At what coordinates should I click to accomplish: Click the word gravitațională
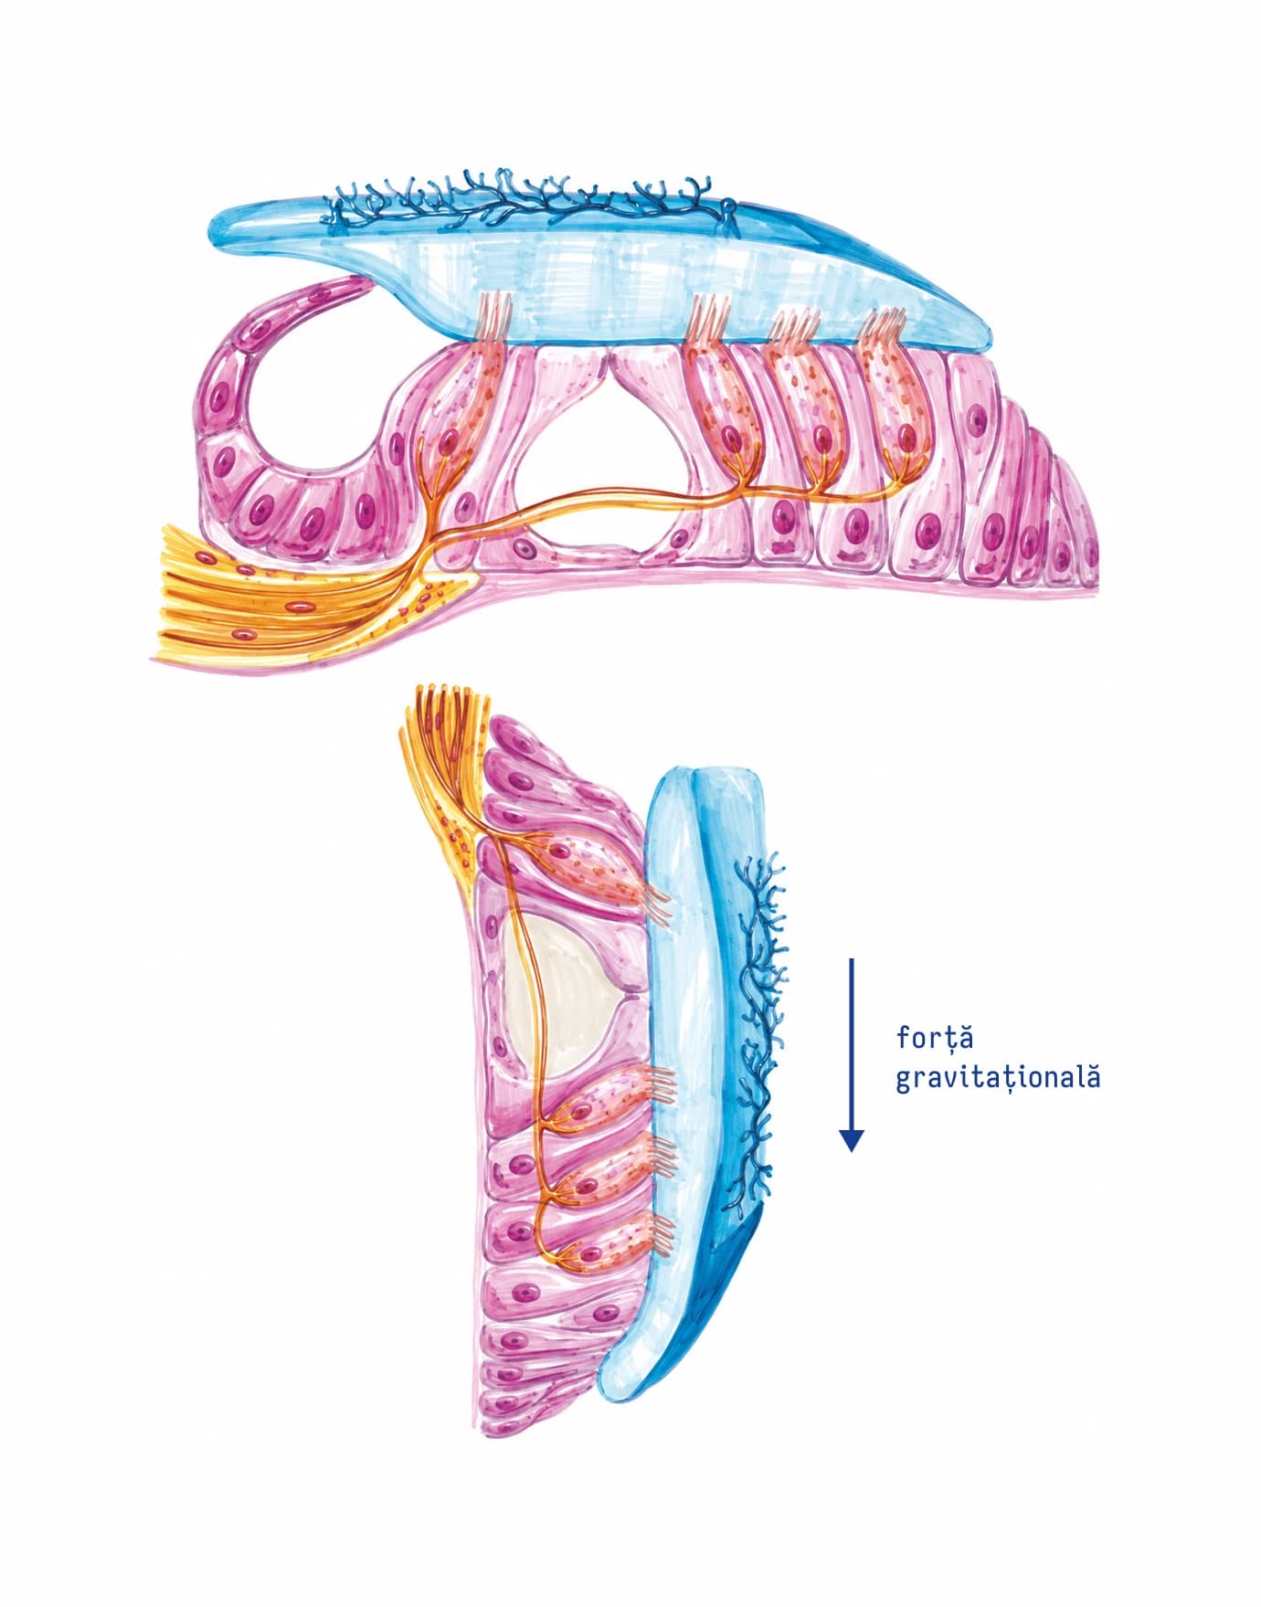(998, 1078)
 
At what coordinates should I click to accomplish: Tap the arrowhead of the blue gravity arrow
(852, 1139)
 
